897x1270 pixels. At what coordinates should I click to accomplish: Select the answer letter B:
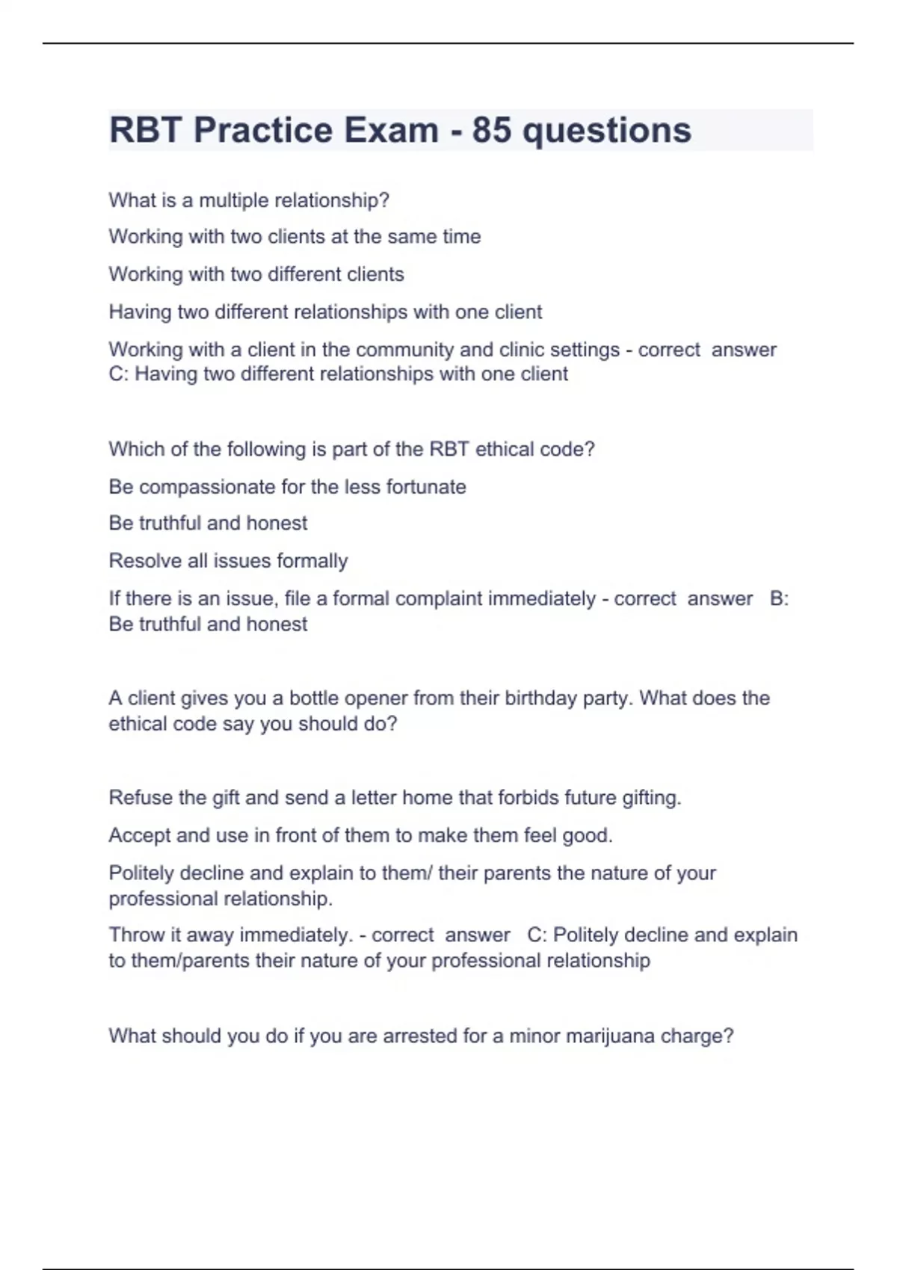(779, 599)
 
